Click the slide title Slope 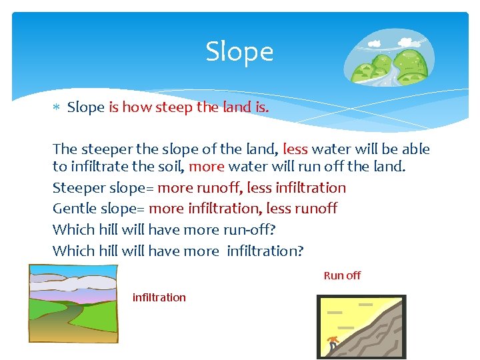click(239, 51)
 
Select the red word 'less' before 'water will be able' click(295, 149)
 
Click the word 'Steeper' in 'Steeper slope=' click(77, 188)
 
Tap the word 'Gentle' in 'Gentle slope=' click(74, 209)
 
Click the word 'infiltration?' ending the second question click(265, 251)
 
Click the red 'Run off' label click(342, 275)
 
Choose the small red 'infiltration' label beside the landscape click(159, 297)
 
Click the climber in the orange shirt click(333, 344)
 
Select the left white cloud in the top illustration click(375, 43)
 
